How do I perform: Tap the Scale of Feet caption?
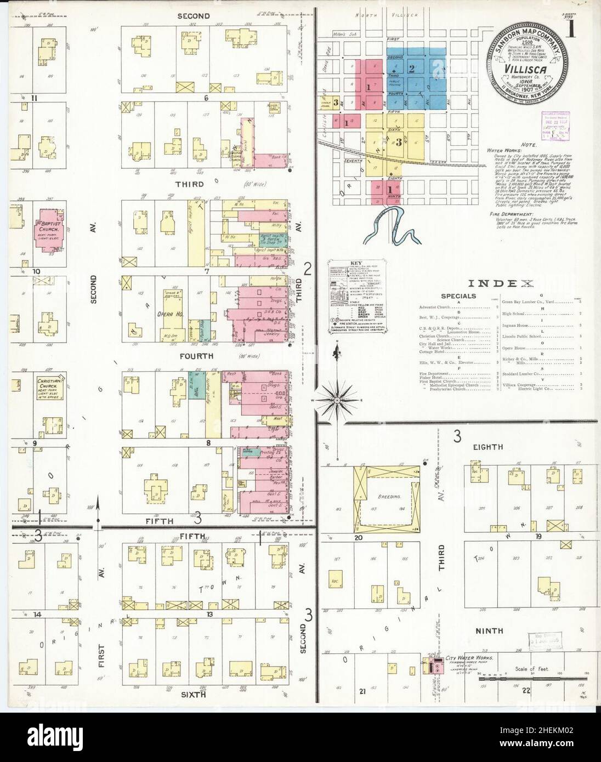[532, 669]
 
